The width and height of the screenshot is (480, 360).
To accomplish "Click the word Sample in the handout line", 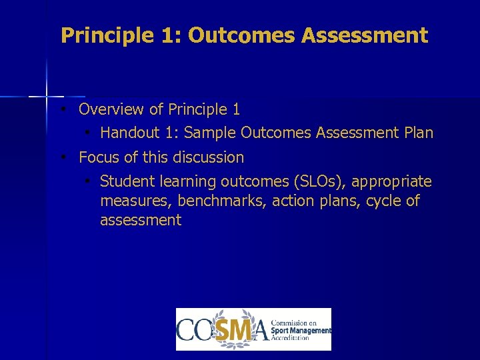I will pos(211,133).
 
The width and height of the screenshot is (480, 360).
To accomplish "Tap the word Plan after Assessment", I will pos(419,133).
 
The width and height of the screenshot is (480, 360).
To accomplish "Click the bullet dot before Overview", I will pos(61,109).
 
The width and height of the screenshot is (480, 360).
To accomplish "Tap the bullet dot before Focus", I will pos(61,157).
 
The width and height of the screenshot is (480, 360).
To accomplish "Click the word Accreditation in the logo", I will pos(290,338).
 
